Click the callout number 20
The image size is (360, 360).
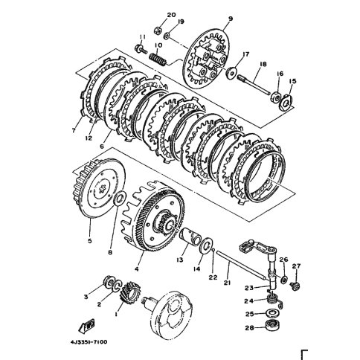[171, 15]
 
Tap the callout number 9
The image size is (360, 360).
[231, 19]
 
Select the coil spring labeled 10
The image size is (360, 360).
[158, 60]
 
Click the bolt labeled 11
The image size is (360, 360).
[141, 48]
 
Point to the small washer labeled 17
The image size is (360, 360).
[231, 72]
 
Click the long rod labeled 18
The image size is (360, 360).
[254, 85]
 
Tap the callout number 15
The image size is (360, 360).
[292, 81]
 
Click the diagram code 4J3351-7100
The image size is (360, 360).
[89, 342]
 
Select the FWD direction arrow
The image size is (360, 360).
[86, 326]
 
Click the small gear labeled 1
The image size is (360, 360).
[130, 292]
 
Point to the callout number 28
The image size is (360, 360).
[250, 328]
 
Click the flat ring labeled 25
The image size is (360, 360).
[272, 313]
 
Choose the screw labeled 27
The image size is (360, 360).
[295, 286]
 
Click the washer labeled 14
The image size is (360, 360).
[205, 245]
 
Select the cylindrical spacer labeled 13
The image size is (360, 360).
[190, 237]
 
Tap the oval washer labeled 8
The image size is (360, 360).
[120, 198]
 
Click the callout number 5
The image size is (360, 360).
[90, 240]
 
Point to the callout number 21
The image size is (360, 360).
[228, 283]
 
